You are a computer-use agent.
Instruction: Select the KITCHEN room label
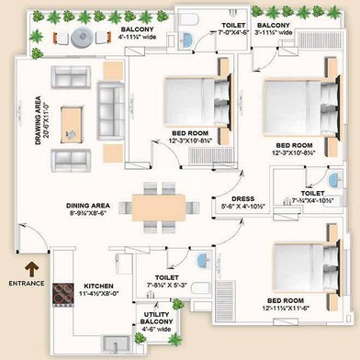click(x=98, y=287)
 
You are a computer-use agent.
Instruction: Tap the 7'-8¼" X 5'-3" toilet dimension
click(x=166, y=286)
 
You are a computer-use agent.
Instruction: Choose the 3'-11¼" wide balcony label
click(x=274, y=33)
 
